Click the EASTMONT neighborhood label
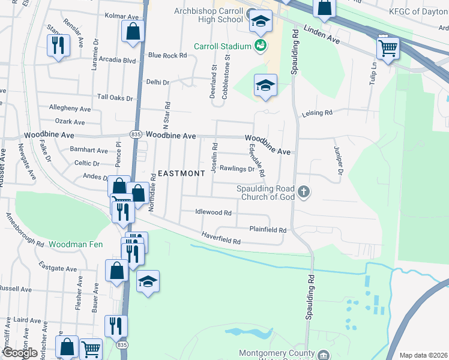181,173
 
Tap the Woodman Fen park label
76,244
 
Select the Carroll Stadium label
221,46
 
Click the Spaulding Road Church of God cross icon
304,192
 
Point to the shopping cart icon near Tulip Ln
388,47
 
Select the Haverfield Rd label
221,238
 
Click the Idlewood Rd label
213,212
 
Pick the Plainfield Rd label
268,230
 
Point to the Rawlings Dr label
237,169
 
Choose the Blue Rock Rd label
167,55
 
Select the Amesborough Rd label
25,230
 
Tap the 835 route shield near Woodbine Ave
136,136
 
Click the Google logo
20,352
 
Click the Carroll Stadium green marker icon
261,45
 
